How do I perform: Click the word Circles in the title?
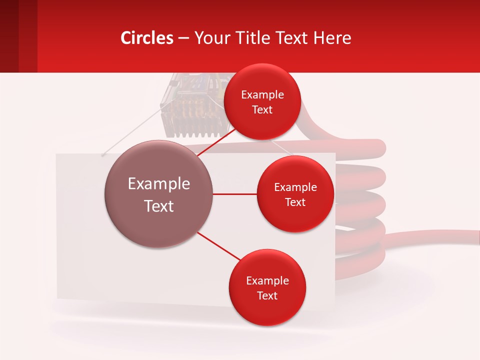coord(147,38)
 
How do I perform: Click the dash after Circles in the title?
coord(183,38)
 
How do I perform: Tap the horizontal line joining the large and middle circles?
coord(234,194)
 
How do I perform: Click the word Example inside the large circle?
coord(159,184)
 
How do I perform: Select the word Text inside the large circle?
coord(159,206)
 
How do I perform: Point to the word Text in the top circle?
coord(262,110)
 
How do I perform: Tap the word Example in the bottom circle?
coord(267,281)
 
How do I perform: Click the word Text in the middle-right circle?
coord(295,202)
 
